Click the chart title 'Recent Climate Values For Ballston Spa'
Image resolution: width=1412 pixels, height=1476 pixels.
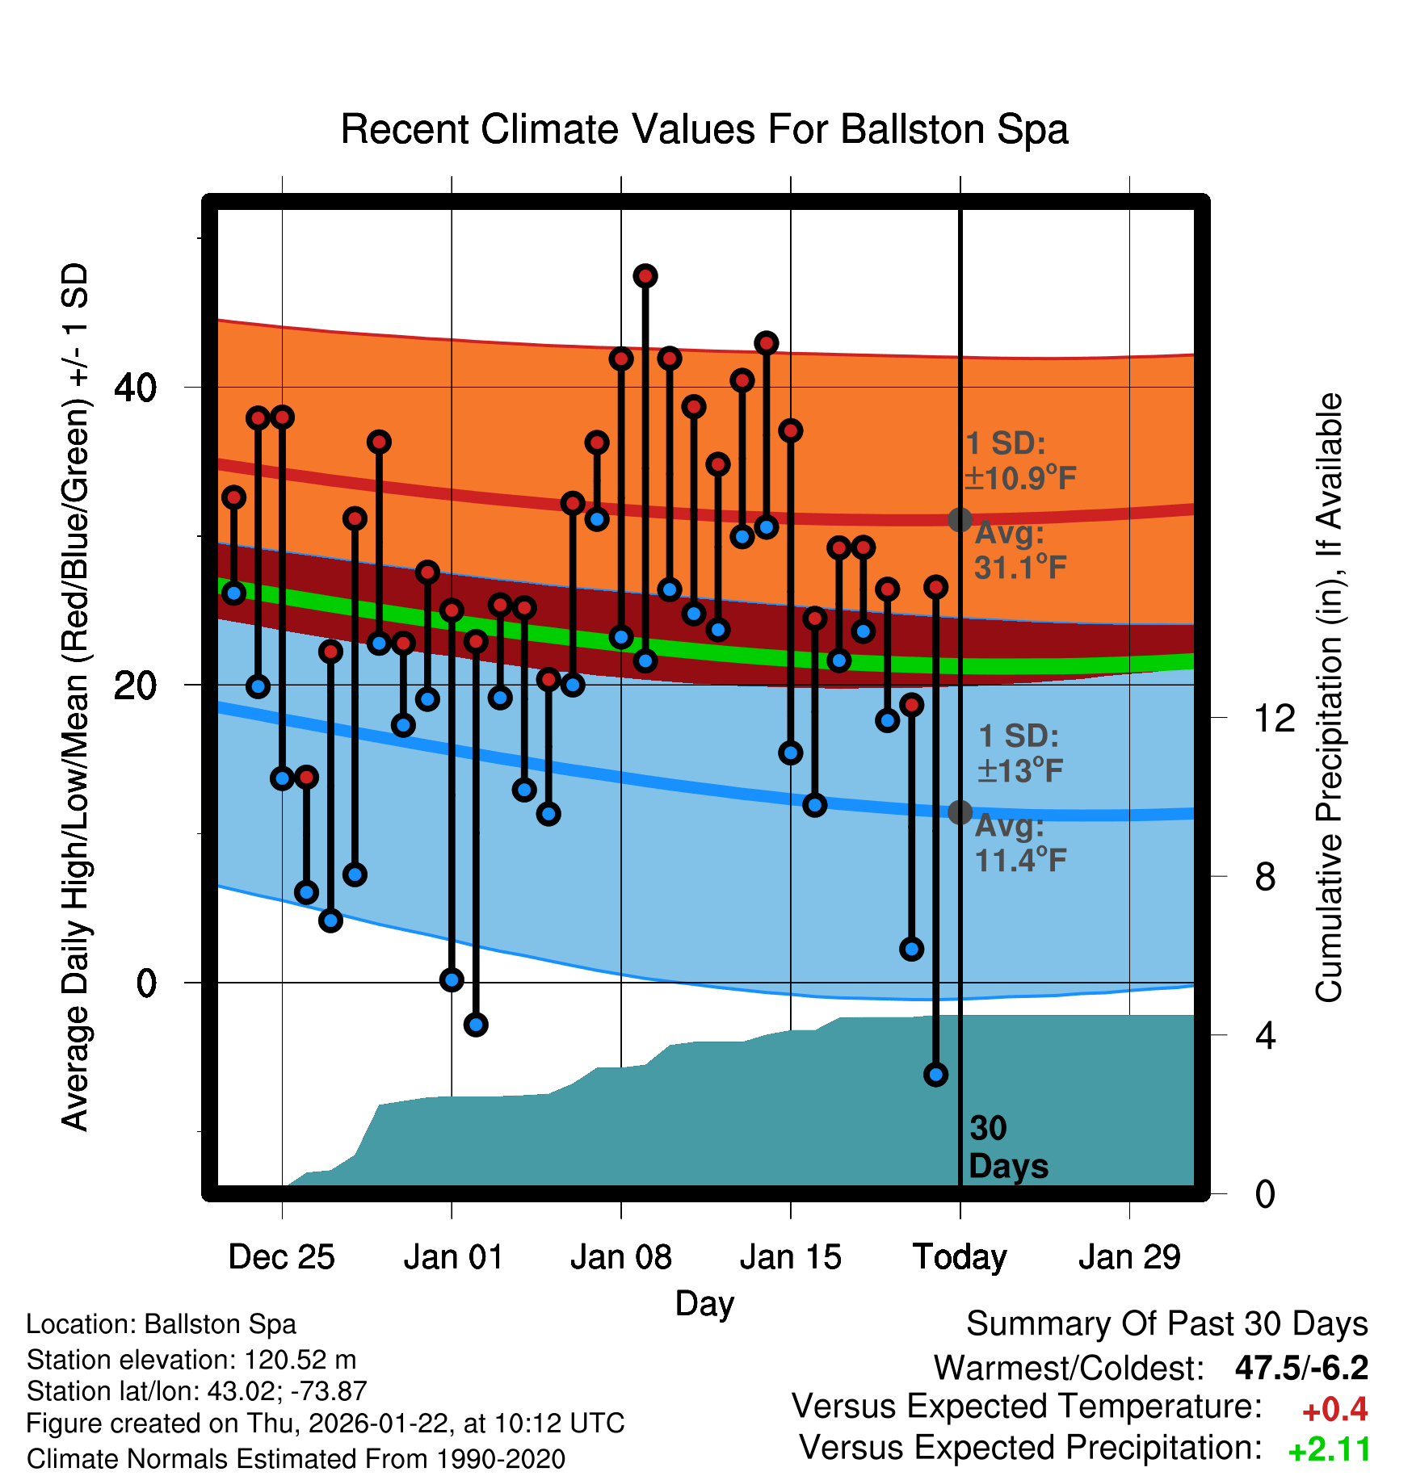pos(704,129)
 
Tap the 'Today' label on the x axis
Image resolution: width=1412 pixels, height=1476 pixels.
pos(960,1257)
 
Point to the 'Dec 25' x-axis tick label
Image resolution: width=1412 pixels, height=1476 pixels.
pos(281,1257)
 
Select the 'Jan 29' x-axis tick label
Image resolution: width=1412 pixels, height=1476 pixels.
pos(1129,1257)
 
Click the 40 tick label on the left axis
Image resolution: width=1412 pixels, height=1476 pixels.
pos(135,388)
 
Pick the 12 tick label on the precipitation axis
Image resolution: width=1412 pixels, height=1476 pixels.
pos(1275,718)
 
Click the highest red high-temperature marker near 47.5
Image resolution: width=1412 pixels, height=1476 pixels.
pos(645,276)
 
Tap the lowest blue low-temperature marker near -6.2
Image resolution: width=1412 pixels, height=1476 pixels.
pos(935,1074)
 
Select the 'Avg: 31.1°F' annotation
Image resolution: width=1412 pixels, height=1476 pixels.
pos(1020,551)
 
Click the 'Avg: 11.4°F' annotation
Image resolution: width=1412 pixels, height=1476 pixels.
pos(1020,844)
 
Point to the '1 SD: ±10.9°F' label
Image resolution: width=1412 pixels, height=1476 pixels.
pos(1020,461)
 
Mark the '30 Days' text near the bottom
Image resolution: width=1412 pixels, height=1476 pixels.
pos(1007,1147)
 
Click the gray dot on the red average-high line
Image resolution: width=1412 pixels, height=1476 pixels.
pos(960,519)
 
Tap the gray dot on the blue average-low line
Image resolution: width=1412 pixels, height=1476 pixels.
pos(960,812)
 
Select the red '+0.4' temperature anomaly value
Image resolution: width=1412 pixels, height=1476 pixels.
pos(1334,1410)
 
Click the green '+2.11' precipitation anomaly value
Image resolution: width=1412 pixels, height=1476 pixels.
pos(1329,1450)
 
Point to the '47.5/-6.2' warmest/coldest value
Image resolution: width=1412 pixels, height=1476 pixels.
pos(1301,1368)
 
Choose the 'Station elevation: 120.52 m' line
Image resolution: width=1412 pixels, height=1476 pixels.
pos(191,1360)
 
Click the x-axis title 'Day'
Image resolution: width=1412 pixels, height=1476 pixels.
pos(704,1303)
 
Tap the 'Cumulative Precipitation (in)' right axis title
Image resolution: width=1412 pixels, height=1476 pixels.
pos(1329,698)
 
